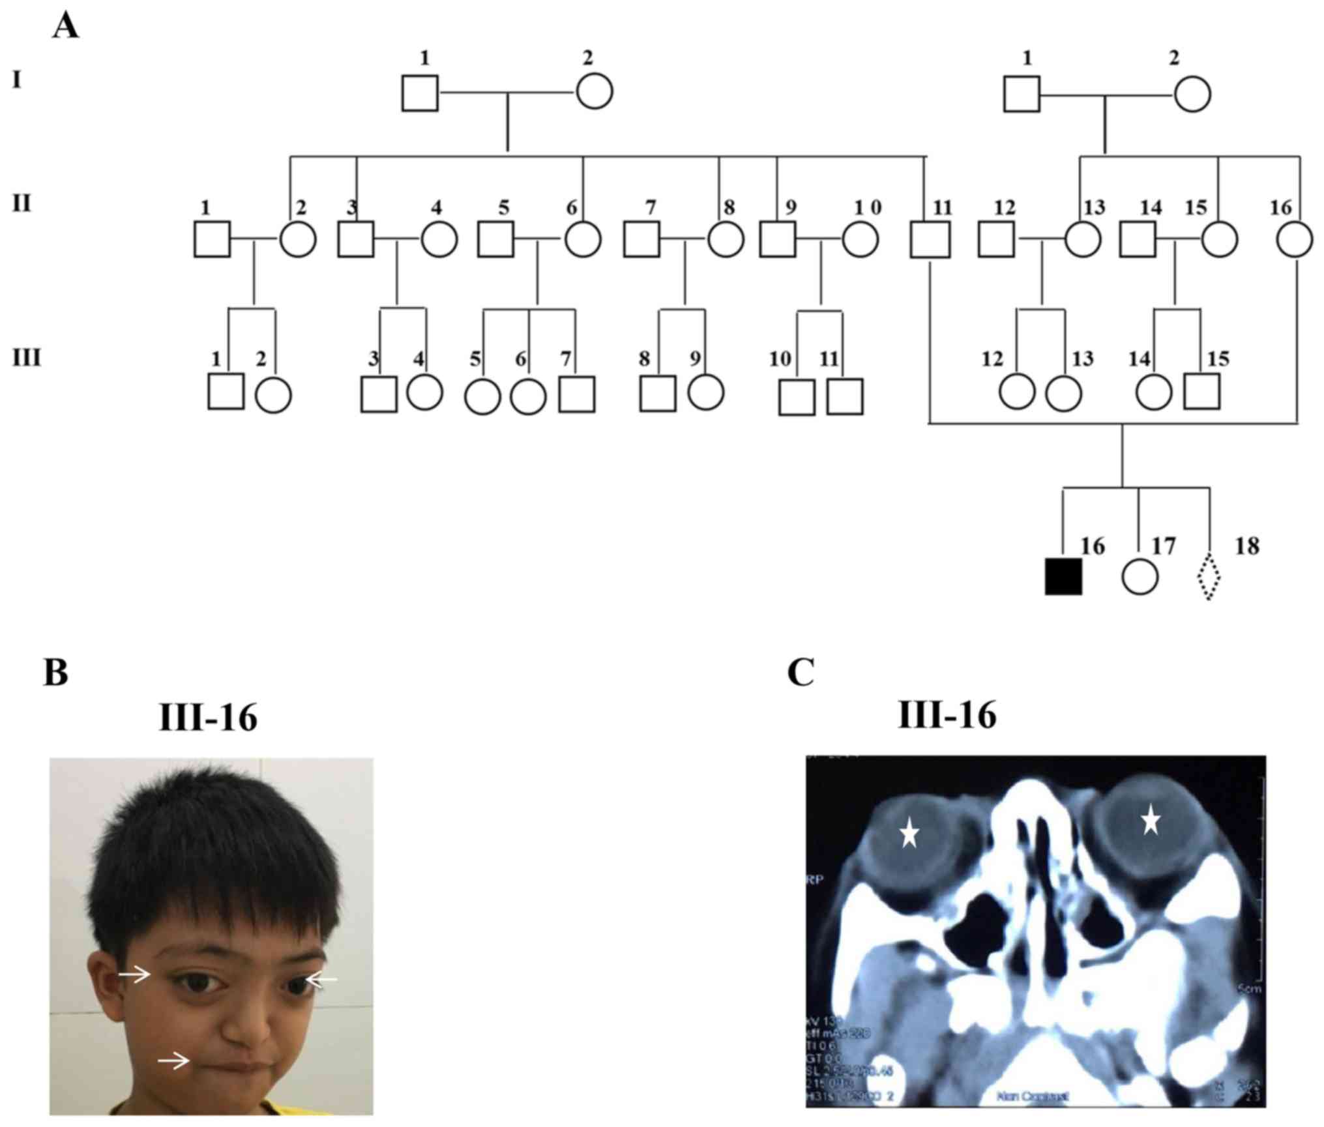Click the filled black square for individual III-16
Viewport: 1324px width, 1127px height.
(1063, 577)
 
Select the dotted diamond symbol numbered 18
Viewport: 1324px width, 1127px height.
(1209, 577)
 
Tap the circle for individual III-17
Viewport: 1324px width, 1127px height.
(1140, 577)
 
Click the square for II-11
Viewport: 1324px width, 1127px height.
(930, 240)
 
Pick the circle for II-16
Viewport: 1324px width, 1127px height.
(1295, 240)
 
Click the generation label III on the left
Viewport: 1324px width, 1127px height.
(27, 358)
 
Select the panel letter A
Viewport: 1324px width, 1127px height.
(65, 27)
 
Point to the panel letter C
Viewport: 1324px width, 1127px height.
(801, 672)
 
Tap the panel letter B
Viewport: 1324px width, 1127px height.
(56, 672)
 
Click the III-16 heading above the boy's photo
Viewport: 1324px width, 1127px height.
(208, 718)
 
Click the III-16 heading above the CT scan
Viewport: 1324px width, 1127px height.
(947, 716)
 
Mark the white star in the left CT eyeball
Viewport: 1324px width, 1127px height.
(909, 834)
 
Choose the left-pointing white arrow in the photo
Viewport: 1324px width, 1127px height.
(322, 979)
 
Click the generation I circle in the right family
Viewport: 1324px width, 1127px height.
(1192, 95)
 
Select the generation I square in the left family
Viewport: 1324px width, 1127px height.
(420, 93)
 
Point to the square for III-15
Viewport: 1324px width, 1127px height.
(1202, 391)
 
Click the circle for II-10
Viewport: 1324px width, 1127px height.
(860, 240)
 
